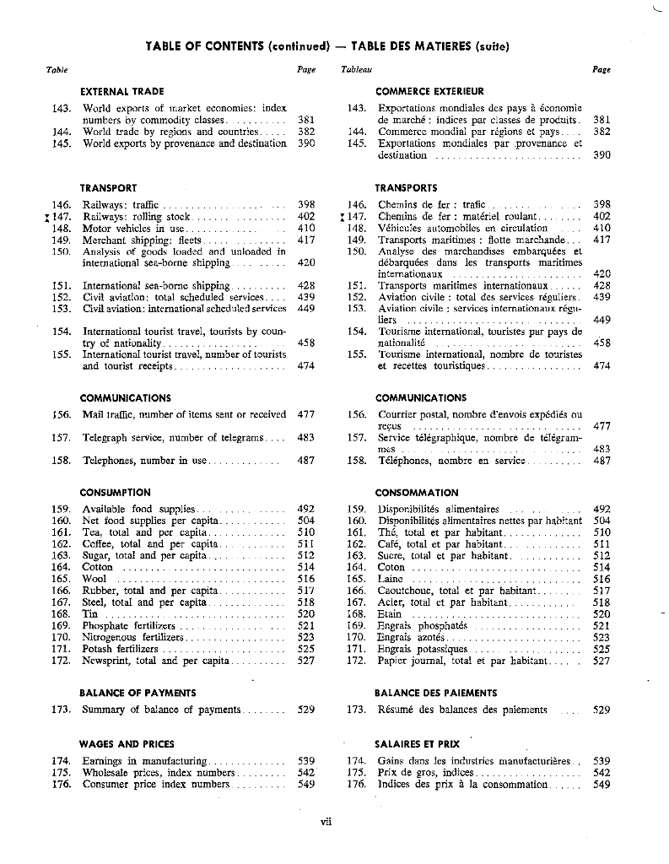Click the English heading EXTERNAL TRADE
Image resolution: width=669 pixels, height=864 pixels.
(x=121, y=91)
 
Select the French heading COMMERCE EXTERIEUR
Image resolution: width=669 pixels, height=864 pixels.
(x=429, y=91)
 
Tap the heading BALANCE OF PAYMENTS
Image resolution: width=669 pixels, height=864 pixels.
(x=138, y=693)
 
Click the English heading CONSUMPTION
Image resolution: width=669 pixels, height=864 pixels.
(x=115, y=492)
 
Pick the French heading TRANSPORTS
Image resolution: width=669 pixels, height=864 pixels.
(x=406, y=187)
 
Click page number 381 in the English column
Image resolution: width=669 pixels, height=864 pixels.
(x=306, y=120)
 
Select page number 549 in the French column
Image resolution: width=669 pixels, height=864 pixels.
(x=602, y=785)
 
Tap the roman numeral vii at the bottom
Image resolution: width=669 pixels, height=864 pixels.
(x=326, y=823)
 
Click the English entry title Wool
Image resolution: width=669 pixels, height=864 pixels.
(x=94, y=580)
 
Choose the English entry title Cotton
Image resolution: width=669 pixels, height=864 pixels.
(x=98, y=568)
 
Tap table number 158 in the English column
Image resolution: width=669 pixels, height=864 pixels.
(x=61, y=461)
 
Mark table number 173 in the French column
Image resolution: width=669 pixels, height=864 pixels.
(x=356, y=710)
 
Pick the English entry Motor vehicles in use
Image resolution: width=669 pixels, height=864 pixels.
(x=133, y=228)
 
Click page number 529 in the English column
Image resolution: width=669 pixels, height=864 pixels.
(x=306, y=710)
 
